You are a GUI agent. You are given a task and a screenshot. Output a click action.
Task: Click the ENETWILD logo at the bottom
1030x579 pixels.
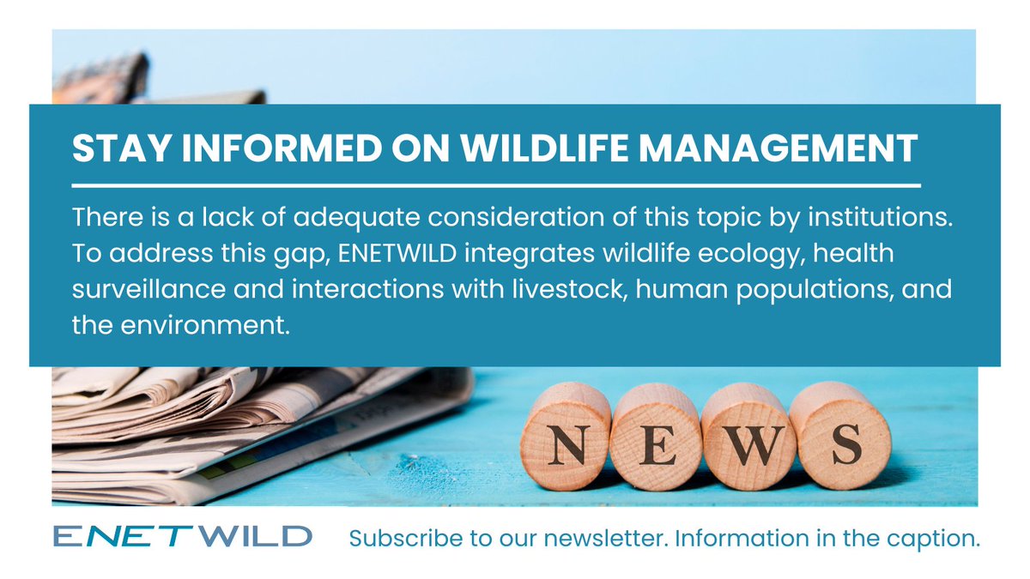(x=182, y=537)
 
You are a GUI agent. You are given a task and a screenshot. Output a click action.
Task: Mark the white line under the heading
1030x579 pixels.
(x=495, y=184)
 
